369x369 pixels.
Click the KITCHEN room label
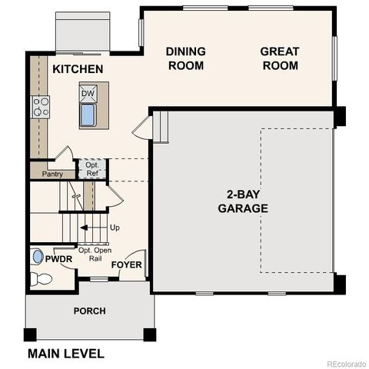(78, 70)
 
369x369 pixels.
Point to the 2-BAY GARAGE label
(243, 201)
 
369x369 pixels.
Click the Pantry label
(52, 175)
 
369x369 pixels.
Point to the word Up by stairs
(115, 228)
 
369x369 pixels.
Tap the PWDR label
(63, 259)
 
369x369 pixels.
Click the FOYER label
(127, 265)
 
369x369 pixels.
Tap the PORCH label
(90, 311)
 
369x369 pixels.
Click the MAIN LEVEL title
(65, 354)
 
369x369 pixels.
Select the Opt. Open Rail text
(96, 253)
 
